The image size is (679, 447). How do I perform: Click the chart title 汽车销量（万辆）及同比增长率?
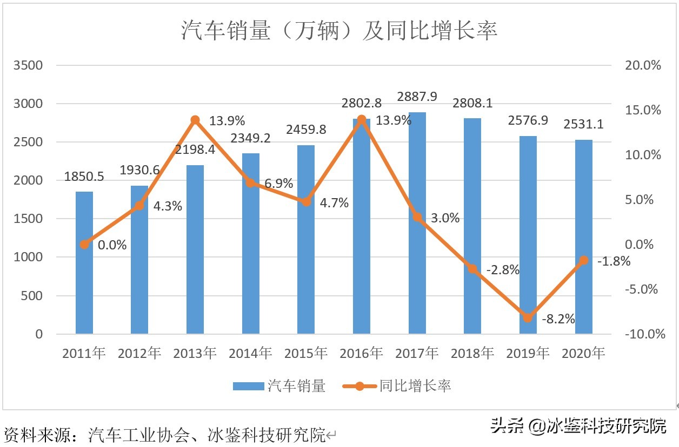pyautogui.click(x=339, y=31)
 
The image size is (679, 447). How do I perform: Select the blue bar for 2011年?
pyautogui.click(x=84, y=263)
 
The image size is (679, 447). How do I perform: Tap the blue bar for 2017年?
pyautogui.click(x=417, y=223)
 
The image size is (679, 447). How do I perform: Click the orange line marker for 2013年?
pyautogui.click(x=195, y=120)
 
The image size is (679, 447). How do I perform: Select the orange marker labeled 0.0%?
pyautogui.click(x=84, y=245)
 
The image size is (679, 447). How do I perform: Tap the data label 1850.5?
pyautogui.click(x=84, y=177)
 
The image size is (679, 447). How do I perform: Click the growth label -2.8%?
pyautogui.click(x=502, y=270)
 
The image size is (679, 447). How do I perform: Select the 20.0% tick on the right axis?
pyautogui.click(x=643, y=65)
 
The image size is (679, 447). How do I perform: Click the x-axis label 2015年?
pyautogui.click(x=306, y=354)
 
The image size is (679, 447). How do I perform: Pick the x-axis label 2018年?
pyautogui.click(x=472, y=354)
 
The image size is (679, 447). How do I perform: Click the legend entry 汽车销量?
pyautogui.click(x=279, y=386)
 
